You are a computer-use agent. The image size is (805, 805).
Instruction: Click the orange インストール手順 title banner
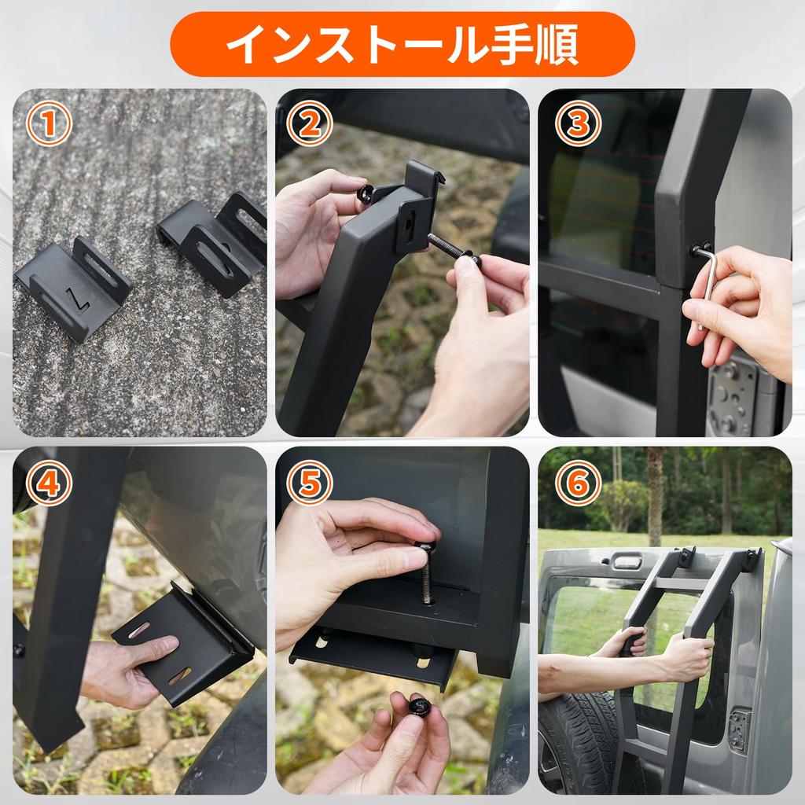click(402, 44)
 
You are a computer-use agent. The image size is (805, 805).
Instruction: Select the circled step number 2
click(309, 123)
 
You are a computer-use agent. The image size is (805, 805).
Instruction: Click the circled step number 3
click(578, 123)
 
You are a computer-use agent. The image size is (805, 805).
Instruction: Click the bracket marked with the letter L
click(72, 287)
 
